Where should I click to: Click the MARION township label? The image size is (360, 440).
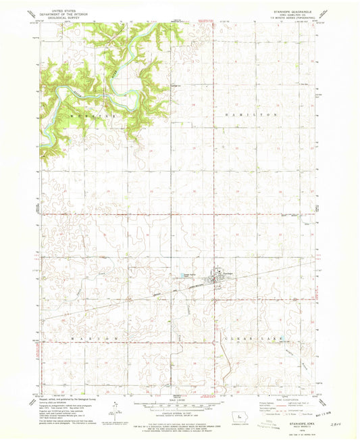point(93,336)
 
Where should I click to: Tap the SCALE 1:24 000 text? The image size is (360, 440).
point(177,399)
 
